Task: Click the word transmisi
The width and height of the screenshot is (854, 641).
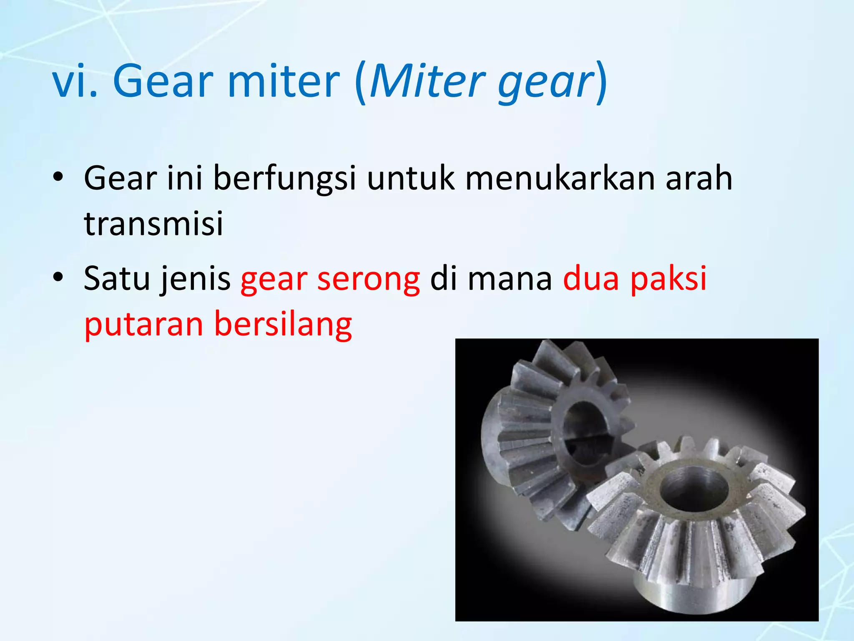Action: pyautogui.click(x=153, y=223)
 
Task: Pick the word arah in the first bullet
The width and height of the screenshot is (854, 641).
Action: pyautogui.click(x=699, y=179)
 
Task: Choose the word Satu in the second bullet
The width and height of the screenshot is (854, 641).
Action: pyautogui.click(x=116, y=279)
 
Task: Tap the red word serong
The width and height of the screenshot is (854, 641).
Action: pyautogui.click(x=369, y=279)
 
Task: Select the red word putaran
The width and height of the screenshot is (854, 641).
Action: pyautogui.click(x=144, y=324)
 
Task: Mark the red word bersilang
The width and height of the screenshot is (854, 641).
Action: pyautogui.click(x=283, y=324)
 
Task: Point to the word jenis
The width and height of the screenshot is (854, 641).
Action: pyautogui.click(x=196, y=279)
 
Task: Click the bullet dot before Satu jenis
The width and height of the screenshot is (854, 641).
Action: pyautogui.click(x=58, y=277)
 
